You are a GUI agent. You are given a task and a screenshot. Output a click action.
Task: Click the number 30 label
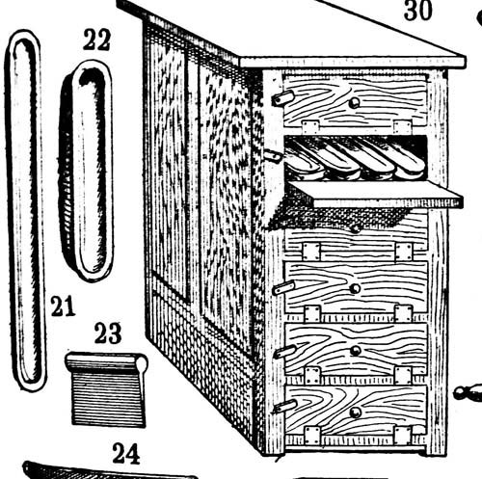tap(417, 11)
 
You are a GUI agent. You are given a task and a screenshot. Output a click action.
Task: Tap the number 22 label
tap(97, 40)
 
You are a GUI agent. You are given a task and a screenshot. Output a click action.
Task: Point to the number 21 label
tap(63, 306)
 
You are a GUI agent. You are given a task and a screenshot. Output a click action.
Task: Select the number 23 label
tap(108, 333)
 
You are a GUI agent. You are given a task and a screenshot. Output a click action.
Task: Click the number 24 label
tap(126, 453)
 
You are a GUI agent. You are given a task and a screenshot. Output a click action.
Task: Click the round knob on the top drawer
tap(355, 103)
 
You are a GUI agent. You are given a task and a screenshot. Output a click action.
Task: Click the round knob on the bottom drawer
tap(356, 412)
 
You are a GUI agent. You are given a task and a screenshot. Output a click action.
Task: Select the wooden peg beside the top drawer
tap(283, 97)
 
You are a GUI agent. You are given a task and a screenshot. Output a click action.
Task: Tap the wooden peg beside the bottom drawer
tap(284, 407)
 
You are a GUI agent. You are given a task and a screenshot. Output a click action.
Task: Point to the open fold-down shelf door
tap(376, 194)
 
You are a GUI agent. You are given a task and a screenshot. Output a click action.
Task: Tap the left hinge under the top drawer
tap(310, 127)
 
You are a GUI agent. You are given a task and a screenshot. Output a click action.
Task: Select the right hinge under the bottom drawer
tap(402, 435)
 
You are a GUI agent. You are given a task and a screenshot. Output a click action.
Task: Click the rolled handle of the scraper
tap(106, 361)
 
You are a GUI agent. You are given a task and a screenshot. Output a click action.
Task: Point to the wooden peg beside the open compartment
tap(273, 156)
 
